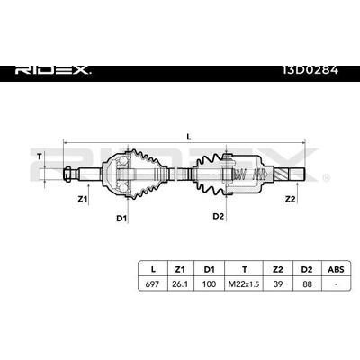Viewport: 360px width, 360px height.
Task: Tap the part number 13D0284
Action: click(x=310, y=70)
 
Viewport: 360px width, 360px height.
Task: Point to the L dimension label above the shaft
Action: click(x=189, y=137)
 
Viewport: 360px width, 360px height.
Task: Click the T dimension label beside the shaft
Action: click(x=40, y=156)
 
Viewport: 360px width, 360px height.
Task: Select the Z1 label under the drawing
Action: click(x=82, y=199)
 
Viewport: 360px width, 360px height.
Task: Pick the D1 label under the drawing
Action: click(x=121, y=219)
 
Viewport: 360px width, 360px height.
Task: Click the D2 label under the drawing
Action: click(x=218, y=216)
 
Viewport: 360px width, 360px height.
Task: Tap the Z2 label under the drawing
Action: click(x=290, y=199)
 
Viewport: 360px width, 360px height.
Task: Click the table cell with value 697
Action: click(x=152, y=283)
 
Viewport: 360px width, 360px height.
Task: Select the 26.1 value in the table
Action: click(x=180, y=283)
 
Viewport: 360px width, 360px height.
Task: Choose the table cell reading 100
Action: click(x=209, y=283)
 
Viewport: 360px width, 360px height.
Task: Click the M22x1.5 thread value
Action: click(x=244, y=283)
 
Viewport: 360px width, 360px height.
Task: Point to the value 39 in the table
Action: click(x=278, y=283)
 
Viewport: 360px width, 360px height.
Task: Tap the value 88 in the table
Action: click(x=307, y=283)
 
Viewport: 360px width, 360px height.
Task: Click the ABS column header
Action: click(x=337, y=269)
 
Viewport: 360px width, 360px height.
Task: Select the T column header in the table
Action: click(x=245, y=269)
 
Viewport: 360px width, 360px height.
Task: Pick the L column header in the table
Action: click(x=153, y=269)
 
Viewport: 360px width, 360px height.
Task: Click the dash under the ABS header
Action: click(x=337, y=284)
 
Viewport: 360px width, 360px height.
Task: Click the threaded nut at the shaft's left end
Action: click(x=68, y=174)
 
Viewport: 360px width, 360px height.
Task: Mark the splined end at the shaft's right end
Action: click(x=291, y=174)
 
